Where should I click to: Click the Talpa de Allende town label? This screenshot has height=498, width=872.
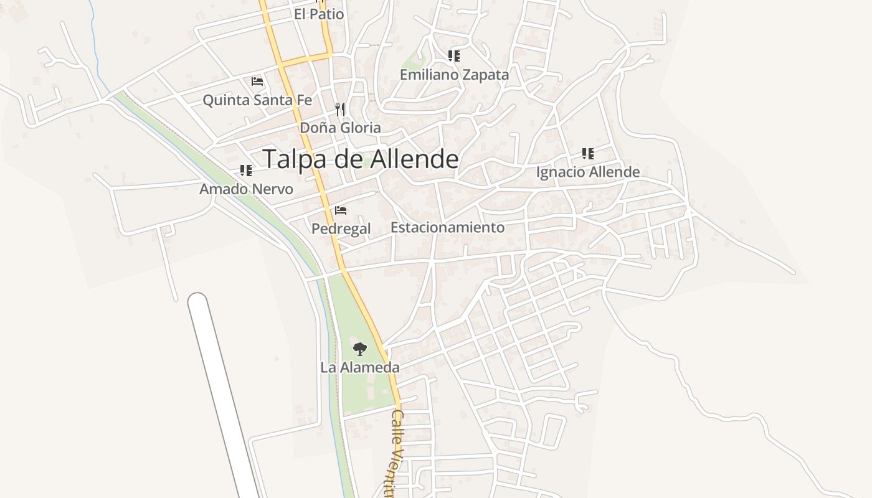tap(360, 159)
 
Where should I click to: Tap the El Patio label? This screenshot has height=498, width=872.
tap(319, 14)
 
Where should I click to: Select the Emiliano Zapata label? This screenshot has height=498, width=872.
tap(454, 75)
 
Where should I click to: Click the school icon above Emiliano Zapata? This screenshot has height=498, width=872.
tap(454, 56)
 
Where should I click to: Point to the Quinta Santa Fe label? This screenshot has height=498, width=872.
tap(257, 100)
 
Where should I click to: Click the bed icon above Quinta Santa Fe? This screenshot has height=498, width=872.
tap(257, 82)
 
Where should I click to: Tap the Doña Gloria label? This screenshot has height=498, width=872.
tap(340, 128)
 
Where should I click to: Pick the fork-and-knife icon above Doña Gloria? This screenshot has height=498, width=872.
tap(340, 110)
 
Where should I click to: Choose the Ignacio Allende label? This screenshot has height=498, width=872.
tap(588, 172)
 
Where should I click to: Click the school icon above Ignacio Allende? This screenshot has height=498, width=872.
tap(588, 153)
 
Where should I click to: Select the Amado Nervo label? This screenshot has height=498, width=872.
tap(246, 189)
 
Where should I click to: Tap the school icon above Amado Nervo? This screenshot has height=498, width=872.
tap(246, 170)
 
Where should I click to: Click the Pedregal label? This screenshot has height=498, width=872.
tap(341, 228)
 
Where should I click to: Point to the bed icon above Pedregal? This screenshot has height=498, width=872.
tap(341, 210)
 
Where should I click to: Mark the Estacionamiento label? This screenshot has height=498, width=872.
tap(447, 227)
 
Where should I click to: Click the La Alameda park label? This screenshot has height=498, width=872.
tap(359, 367)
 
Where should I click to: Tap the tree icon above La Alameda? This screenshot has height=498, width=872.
tap(359, 349)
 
